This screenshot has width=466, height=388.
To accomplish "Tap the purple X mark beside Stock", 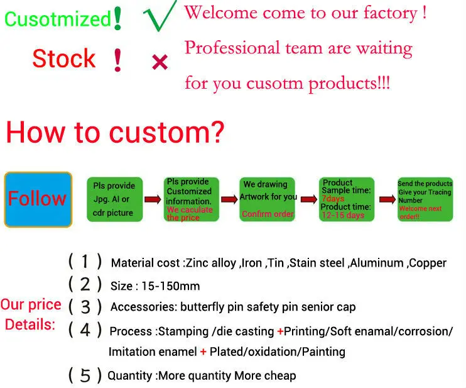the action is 160,62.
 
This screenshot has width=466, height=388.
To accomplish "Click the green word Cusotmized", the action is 58,18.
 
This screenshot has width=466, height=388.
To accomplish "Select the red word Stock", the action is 63,59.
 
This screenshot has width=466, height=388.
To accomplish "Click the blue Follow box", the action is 37,199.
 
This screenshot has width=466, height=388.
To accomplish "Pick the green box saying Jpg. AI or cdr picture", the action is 114,199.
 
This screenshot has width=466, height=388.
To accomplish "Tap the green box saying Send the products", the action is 425,199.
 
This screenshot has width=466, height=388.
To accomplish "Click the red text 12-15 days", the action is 343,215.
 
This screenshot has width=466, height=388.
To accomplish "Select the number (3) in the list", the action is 85,307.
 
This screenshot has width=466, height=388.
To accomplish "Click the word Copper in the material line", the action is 428,263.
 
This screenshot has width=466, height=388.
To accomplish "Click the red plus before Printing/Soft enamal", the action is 280,331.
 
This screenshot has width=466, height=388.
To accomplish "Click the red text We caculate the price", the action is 190,213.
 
